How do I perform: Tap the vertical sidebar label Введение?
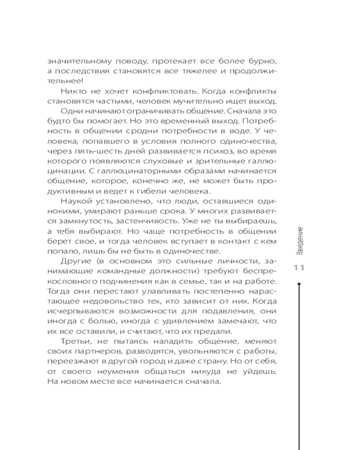[x=300, y=242]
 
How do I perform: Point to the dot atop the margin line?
[x=300, y=284]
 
